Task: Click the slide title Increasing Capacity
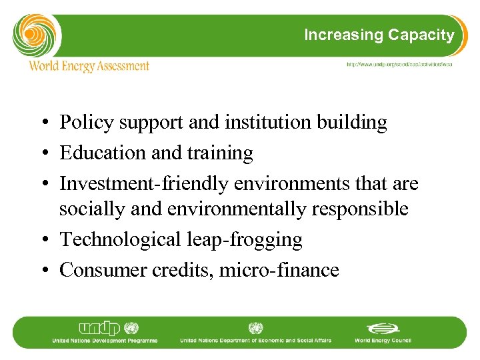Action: tap(379, 35)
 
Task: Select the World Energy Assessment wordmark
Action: tap(89, 66)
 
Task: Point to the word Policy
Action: tap(84, 123)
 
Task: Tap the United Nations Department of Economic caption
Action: tap(256, 341)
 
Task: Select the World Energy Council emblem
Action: tap(383, 329)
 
